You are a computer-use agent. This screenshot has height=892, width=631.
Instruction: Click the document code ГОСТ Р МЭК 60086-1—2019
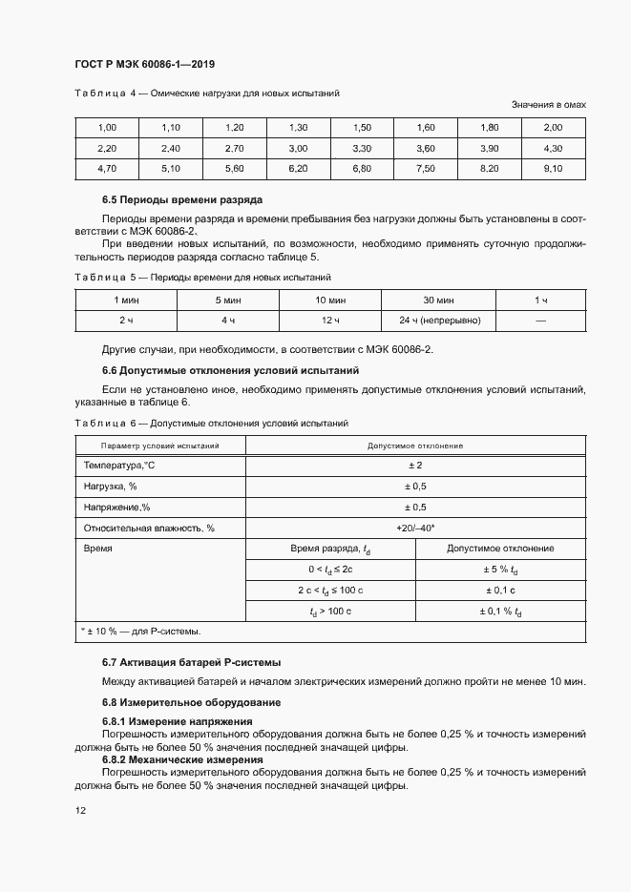[144, 65]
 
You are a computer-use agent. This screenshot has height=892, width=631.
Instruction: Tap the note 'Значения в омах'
[548, 104]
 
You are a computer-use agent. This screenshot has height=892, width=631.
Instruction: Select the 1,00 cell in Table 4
[107, 128]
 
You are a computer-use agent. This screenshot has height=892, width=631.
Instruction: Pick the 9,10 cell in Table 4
[553, 169]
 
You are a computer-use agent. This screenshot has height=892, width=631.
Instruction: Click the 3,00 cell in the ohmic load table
[298, 149]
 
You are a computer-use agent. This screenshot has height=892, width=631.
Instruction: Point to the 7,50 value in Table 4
[426, 169]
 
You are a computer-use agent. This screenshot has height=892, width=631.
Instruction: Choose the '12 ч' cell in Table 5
[330, 321]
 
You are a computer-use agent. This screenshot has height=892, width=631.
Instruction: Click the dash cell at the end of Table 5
[540, 321]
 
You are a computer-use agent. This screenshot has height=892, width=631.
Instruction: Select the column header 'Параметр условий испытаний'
[160, 446]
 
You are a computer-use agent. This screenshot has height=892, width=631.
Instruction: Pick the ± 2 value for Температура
[415, 466]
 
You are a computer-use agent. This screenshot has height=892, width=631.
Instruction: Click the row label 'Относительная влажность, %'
[149, 528]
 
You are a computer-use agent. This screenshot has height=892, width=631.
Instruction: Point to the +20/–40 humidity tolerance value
[415, 528]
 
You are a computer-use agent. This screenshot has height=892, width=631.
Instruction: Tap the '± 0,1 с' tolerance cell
[501, 591]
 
